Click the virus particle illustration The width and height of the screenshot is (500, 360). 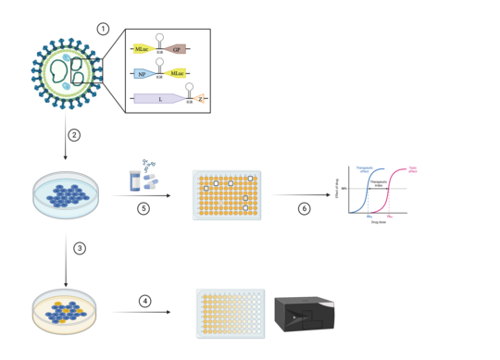click(x=66, y=74)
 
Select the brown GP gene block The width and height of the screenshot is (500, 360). click(x=176, y=49)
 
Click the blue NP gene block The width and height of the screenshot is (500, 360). click(x=143, y=72)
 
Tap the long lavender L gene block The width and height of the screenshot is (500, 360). click(x=158, y=98)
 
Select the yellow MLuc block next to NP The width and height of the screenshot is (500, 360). click(x=175, y=72)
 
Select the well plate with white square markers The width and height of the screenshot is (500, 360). click(x=227, y=194)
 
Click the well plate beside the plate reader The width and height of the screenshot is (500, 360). click(x=231, y=313)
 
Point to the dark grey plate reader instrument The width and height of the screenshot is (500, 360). click(x=304, y=314)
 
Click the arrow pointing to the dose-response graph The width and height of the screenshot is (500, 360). click(x=300, y=195)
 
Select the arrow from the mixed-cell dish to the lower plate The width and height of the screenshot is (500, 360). click(x=140, y=312)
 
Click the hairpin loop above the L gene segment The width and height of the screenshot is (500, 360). click(x=189, y=89)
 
